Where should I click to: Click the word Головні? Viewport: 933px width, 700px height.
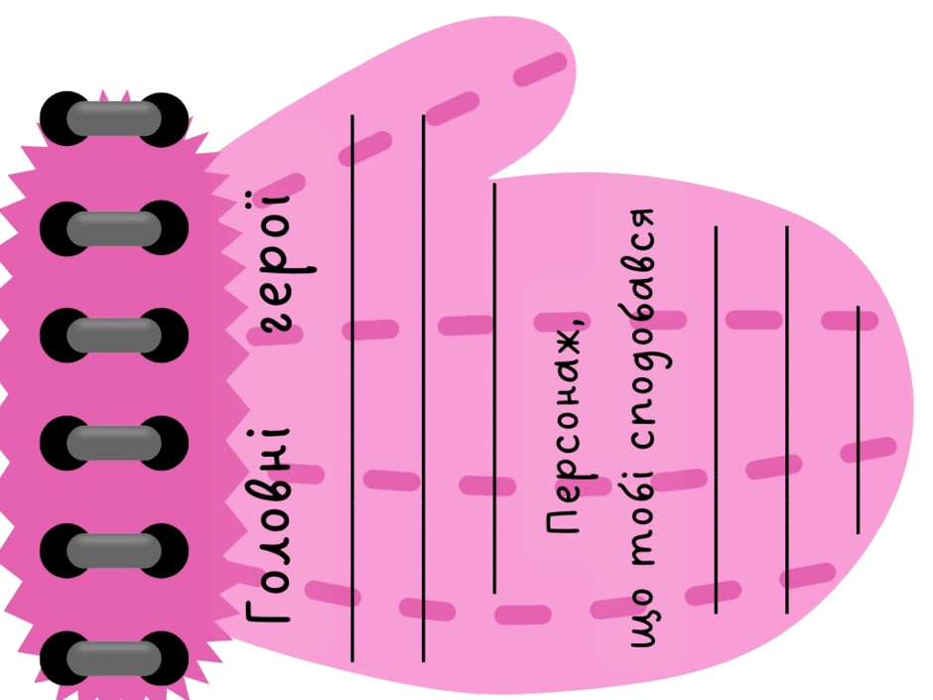(x=267, y=524)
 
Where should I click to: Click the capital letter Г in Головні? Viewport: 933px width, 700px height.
(x=268, y=610)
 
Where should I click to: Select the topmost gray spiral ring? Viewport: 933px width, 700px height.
(x=114, y=118)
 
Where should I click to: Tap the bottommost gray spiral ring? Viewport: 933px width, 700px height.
(x=114, y=658)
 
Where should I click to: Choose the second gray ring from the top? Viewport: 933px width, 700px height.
(x=114, y=227)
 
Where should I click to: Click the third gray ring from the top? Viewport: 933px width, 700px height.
(x=114, y=336)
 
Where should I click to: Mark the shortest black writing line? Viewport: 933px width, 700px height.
(x=858, y=420)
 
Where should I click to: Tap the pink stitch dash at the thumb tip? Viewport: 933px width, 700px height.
(x=540, y=70)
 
